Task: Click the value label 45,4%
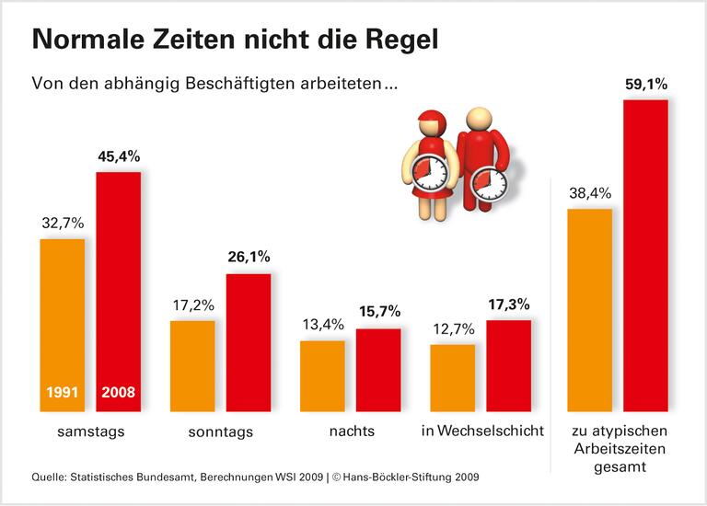(119, 156)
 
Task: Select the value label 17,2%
(192, 303)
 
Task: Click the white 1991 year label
(62, 392)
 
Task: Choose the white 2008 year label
(119, 392)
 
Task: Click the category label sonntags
(221, 431)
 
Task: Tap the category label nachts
(351, 431)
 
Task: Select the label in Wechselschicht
(482, 431)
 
